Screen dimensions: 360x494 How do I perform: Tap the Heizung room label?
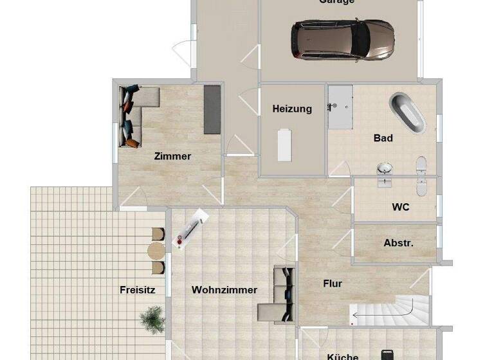(292, 109)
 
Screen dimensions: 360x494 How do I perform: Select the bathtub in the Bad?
(407, 113)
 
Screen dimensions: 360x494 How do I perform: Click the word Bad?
(383, 138)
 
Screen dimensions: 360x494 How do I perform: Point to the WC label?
(401, 207)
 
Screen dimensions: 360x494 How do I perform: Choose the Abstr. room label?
(398, 243)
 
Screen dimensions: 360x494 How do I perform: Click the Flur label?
(332, 283)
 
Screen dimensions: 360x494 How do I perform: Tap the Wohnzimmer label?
(224, 290)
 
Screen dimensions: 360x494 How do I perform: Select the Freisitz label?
(137, 290)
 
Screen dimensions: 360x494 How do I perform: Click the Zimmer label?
(172, 156)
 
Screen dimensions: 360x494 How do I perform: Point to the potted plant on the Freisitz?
(152, 318)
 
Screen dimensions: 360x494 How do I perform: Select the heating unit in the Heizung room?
(284, 145)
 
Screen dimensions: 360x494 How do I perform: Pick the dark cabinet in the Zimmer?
(212, 109)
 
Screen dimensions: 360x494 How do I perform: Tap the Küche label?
(342, 356)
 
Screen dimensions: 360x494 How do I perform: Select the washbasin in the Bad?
(385, 169)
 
